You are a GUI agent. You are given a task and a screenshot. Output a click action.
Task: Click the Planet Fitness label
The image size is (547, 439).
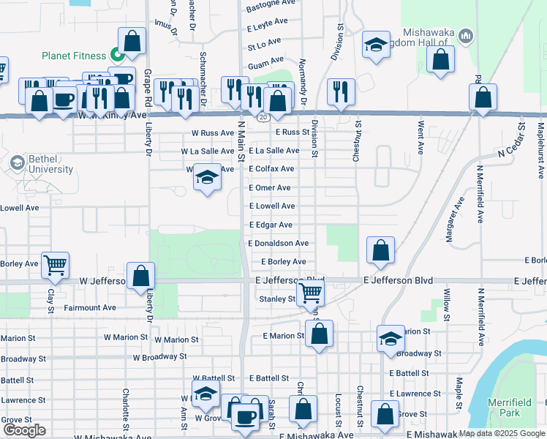point(74,55)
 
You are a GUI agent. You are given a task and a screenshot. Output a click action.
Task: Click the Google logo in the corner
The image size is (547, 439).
point(24,429)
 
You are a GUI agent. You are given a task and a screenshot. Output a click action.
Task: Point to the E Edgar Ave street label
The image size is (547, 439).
point(271,225)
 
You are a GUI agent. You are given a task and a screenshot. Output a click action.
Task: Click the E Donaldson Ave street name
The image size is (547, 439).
point(278,243)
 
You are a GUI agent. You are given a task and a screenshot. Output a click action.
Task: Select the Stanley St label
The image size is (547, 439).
point(276,299)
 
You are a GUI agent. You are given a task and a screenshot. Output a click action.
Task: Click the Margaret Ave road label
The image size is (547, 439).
point(455,220)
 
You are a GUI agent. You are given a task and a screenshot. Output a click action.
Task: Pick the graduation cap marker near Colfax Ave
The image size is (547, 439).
point(208,178)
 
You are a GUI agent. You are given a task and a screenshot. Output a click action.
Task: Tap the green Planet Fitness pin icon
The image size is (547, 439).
point(116,55)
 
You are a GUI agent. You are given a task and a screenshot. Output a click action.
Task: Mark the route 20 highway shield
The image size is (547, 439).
point(261,116)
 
